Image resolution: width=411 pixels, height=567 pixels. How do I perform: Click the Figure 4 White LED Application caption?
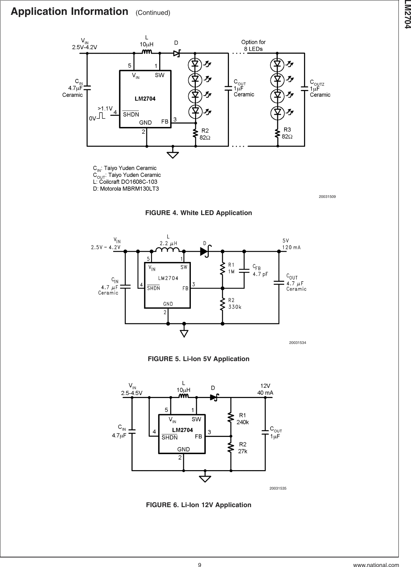(x=198, y=213)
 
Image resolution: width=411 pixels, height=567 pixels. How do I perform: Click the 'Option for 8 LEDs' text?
(x=253, y=45)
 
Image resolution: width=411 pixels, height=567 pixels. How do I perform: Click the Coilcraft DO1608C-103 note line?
(x=125, y=182)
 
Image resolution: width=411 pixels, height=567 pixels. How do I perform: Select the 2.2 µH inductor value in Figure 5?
(x=168, y=243)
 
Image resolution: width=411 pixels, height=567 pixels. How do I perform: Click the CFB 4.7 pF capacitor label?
(x=260, y=270)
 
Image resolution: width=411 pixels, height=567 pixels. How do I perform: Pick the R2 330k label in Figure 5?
(x=235, y=303)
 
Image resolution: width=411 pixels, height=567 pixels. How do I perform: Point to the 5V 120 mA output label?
(x=291, y=244)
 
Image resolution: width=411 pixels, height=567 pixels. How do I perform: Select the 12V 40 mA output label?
(x=265, y=389)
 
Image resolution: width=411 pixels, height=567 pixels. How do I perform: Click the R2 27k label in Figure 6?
(x=243, y=448)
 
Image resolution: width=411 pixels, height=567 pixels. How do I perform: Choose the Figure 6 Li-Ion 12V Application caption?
(x=199, y=505)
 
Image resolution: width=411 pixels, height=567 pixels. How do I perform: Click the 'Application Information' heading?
(x=69, y=12)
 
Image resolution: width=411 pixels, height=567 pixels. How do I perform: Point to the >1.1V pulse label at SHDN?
(x=104, y=108)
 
